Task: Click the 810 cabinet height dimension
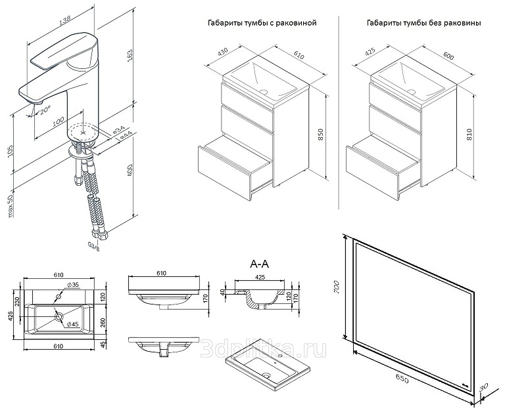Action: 469,135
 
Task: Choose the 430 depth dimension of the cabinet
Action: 224,51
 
